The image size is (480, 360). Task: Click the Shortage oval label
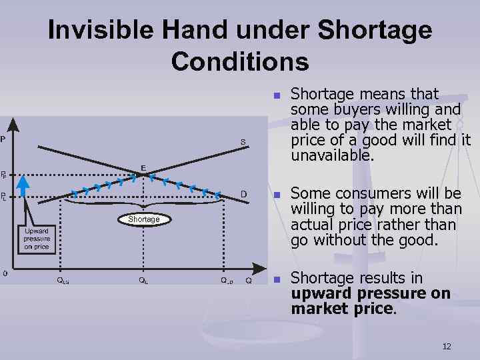click(x=144, y=219)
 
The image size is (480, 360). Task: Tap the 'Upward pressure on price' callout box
click(x=36, y=238)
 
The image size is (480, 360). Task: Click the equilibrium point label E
click(x=143, y=167)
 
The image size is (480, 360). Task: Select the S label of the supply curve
click(x=243, y=141)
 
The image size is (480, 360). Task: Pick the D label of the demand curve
click(x=244, y=194)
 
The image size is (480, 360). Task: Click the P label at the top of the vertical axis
click(x=3, y=139)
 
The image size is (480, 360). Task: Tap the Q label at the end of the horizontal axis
click(x=249, y=281)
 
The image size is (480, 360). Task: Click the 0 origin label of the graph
click(x=5, y=273)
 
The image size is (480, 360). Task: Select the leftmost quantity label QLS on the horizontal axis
click(x=62, y=281)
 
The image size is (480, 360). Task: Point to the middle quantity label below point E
click(x=143, y=281)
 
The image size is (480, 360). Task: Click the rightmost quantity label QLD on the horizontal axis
click(x=227, y=281)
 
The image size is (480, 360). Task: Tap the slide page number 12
click(x=447, y=346)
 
